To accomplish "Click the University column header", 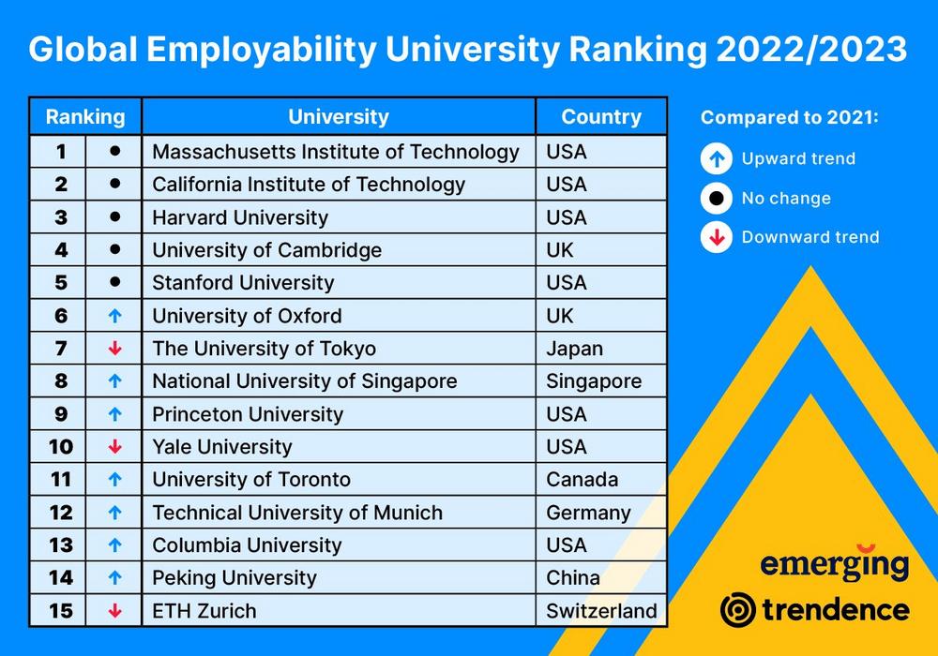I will pyautogui.click(x=339, y=117).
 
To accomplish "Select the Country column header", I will pyautogui.click(x=601, y=117).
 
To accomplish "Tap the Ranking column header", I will pyautogui.click(x=85, y=117).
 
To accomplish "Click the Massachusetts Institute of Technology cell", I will pyautogui.click(x=336, y=152).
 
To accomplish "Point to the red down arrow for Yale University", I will pyautogui.click(x=114, y=447).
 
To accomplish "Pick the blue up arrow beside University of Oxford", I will pyautogui.click(x=114, y=316).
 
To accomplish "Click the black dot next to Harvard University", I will pyautogui.click(x=114, y=216).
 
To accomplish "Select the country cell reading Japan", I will pyautogui.click(x=575, y=349).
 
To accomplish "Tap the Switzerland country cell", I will pyautogui.click(x=601, y=611).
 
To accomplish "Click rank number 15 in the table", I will pyautogui.click(x=61, y=611).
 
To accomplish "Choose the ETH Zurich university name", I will pyautogui.click(x=204, y=611).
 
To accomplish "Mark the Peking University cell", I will pyautogui.click(x=234, y=578).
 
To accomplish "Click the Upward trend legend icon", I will pyautogui.click(x=717, y=158).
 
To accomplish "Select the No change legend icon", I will pyautogui.click(x=717, y=198).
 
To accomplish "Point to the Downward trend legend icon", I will pyautogui.click(x=717, y=237).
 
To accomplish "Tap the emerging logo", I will pyautogui.click(x=834, y=564).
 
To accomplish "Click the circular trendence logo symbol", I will pyautogui.click(x=737, y=610).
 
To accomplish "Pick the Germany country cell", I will pyautogui.click(x=588, y=513).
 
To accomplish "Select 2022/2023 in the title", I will pyautogui.click(x=811, y=50).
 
